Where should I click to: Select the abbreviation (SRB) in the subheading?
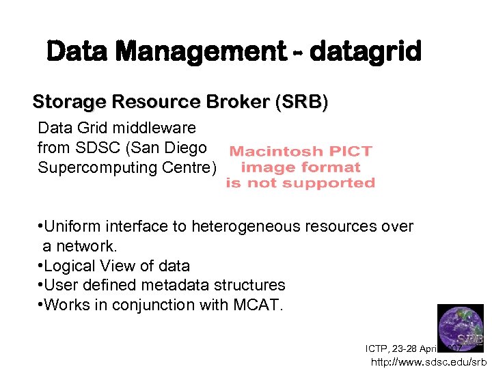(x=301, y=102)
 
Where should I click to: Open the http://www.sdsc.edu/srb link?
(x=428, y=361)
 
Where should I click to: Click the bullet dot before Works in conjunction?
(x=41, y=305)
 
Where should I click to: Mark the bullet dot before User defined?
(x=41, y=285)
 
